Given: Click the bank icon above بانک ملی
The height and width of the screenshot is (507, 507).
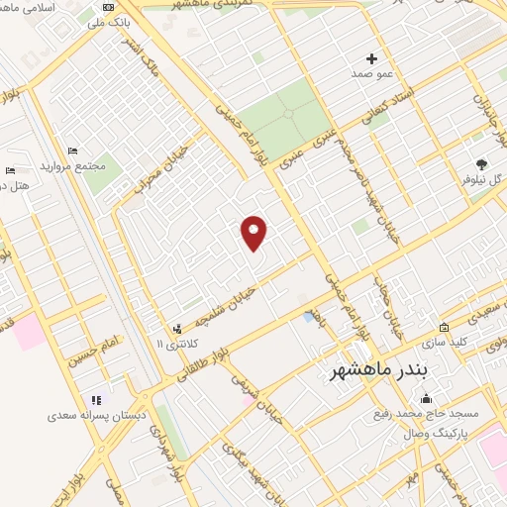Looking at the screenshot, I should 108,8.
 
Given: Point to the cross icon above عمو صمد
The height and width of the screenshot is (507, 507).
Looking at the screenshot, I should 372,58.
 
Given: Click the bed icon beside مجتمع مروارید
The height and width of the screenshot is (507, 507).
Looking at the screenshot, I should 72,151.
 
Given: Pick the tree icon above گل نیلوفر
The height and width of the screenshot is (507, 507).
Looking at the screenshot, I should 482,164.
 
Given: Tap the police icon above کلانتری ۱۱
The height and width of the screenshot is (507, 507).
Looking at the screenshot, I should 177,328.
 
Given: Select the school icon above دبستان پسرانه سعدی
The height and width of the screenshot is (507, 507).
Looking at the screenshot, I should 96,400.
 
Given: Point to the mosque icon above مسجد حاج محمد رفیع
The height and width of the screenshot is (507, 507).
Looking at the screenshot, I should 427,398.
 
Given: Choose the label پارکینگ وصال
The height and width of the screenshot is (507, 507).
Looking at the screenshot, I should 433,433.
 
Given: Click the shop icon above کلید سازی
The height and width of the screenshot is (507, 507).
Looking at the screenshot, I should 444,328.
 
